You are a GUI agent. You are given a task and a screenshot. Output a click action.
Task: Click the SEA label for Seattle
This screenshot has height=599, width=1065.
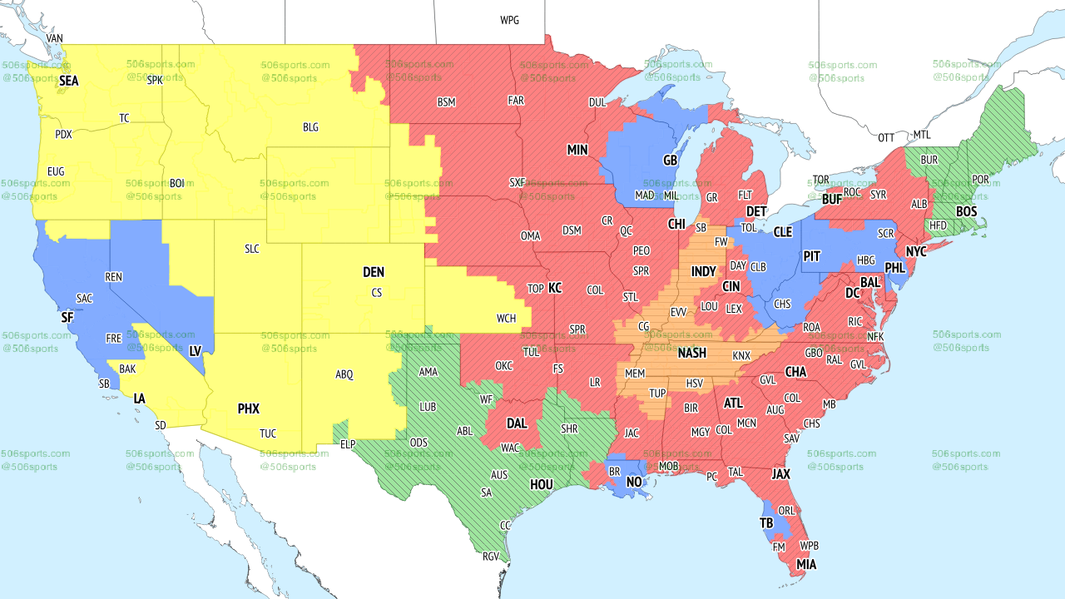[x=69, y=81]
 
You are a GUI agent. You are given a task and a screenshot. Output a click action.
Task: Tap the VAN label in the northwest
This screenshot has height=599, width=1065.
[x=55, y=38]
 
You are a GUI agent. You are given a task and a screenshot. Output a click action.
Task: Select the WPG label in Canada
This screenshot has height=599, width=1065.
[x=509, y=20]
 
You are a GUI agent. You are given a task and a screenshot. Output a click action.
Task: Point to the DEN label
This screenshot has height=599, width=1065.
[x=374, y=272]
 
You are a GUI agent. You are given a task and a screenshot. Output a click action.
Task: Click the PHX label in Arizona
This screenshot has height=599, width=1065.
[x=249, y=408]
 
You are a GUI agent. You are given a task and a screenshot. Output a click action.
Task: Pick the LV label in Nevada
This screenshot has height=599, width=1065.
[x=196, y=351]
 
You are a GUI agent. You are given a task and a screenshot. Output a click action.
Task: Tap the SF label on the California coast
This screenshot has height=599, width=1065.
[x=67, y=317]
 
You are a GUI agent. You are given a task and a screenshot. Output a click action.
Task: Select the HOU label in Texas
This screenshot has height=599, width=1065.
[x=542, y=484]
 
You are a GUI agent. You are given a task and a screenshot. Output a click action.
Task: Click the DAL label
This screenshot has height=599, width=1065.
[x=517, y=423]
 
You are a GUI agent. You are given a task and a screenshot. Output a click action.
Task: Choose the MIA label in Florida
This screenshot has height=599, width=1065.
[x=805, y=565]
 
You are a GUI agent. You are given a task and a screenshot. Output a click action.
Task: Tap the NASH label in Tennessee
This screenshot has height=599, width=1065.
[x=691, y=353]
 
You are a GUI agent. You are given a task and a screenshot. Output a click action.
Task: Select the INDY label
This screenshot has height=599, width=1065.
[x=703, y=271]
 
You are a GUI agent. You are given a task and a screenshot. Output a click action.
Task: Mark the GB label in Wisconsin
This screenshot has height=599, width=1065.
[x=670, y=159]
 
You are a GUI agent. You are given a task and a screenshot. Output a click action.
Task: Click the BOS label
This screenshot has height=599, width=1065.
[x=966, y=212]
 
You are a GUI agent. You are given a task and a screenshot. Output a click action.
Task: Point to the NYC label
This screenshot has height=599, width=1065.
[x=916, y=251]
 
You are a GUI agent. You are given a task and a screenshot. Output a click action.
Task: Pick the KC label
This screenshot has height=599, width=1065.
[x=555, y=288]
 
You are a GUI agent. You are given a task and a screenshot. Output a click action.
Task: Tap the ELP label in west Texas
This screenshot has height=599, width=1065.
[x=348, y=444]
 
